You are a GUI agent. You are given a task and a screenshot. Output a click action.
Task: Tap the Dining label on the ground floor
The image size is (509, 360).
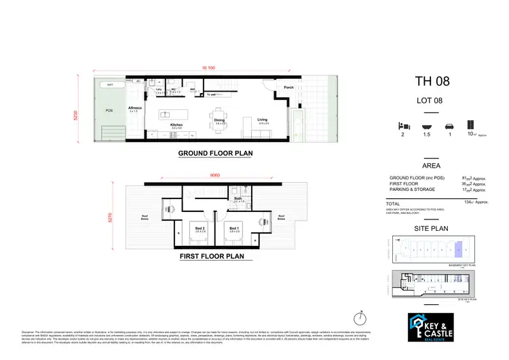tap(220, 120)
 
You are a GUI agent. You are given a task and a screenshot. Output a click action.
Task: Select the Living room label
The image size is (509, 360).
tap(263, 120)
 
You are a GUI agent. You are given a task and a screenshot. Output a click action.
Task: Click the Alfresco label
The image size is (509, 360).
tap(134, 107)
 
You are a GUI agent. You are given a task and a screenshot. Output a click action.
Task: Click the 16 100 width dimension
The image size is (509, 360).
tap(208, 68)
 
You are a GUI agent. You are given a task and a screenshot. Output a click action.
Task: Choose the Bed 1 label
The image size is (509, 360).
tap(234, 228)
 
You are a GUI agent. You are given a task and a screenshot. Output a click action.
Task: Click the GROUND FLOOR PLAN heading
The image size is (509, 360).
tap(215, 154)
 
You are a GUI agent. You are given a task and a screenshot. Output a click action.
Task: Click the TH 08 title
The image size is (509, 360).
tap(431, 83)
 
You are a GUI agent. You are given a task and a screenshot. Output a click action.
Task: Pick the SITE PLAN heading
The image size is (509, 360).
tap(431, 230)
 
